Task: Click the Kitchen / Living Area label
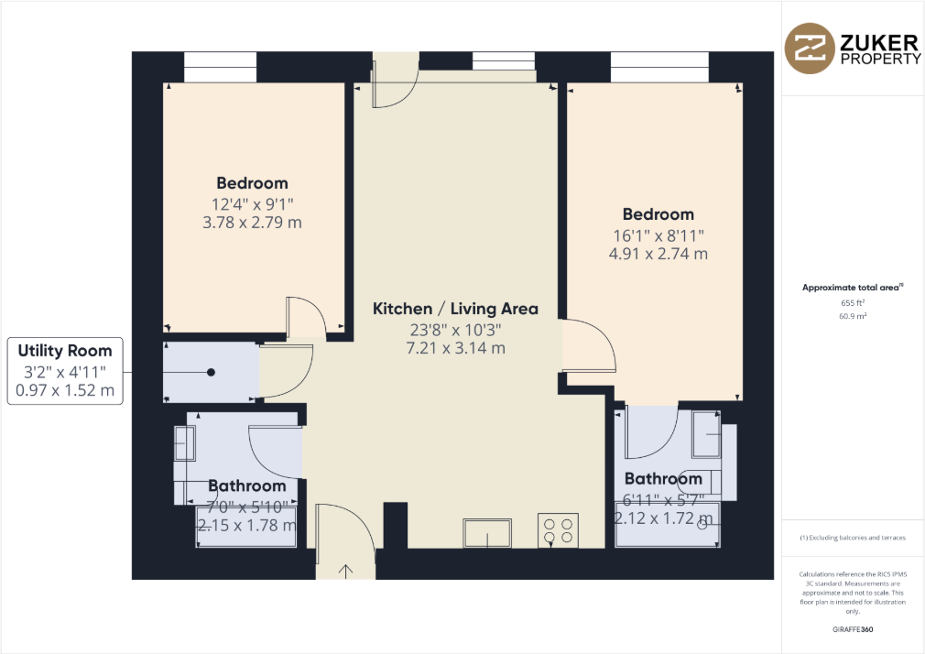[455, 309]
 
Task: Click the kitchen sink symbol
[487, 531]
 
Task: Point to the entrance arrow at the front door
[346, 571]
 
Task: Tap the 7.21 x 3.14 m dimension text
[455, 348]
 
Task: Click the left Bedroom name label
[252, 183]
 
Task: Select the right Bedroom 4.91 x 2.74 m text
[659, 254]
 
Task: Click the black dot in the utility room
[211, 373]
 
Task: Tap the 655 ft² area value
[853, 301]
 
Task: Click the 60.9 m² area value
[853, 315]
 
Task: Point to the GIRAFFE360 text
[853, 632]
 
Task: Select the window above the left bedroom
[220, 67]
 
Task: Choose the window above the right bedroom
[659, 67]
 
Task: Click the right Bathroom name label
[663, 479]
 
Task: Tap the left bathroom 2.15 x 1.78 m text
[246, 525]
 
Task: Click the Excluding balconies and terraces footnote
[853, 538]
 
